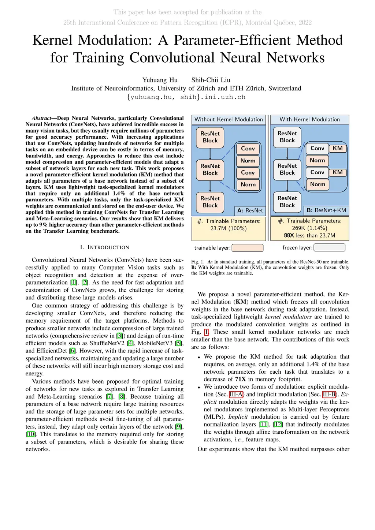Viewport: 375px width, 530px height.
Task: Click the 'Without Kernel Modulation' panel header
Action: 229,119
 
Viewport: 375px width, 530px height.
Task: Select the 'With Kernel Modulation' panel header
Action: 309,119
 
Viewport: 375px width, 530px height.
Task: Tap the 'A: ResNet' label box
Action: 250,210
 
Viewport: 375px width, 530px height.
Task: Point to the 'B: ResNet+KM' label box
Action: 326,210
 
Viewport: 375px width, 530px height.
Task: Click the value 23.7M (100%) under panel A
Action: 229,228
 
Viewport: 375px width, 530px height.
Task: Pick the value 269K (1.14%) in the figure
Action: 309,228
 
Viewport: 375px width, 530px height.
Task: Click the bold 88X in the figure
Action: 289,235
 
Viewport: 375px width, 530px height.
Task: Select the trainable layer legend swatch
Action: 248,248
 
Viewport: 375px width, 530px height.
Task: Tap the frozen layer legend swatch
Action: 330,248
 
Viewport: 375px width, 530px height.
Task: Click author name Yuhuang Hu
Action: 160,80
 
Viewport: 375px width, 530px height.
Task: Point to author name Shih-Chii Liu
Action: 211,80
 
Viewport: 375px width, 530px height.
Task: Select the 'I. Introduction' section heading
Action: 104,247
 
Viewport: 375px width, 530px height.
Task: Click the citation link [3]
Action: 119,336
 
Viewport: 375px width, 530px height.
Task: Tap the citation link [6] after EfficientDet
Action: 73,351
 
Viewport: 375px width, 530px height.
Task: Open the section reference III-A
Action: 236,394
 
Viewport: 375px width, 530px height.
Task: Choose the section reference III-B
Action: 329,394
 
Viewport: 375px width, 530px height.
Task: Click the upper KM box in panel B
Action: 337,148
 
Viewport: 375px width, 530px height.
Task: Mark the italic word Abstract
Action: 41,118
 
